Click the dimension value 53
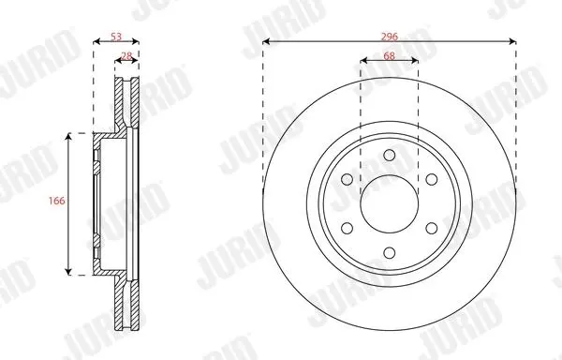click(x=116, y=37)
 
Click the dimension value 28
click(x=126, y=56)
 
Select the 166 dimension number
click(x=57, y=201)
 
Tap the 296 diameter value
click(x=390, y=37)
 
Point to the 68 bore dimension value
click(x=390, y=56)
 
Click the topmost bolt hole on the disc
click(x=390, y=156)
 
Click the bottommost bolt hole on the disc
click(x=390, y=253)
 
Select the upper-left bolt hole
click(x=347, y=179)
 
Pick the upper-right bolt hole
click(x=432, y=179)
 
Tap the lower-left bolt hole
click(x=347, y=228)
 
